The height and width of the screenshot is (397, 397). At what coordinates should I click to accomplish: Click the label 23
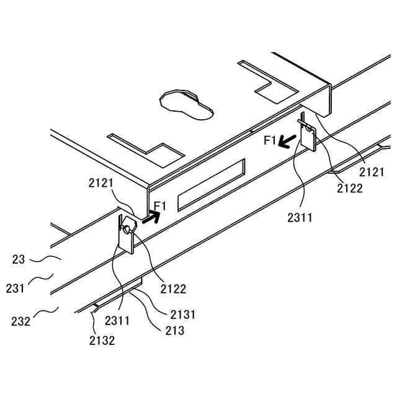[18, 260]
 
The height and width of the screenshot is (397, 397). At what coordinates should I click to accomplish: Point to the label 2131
[182, 314]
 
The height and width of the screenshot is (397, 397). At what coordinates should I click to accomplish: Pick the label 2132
[102, 340]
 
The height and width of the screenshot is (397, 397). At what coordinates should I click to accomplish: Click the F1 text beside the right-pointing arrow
[159, 205]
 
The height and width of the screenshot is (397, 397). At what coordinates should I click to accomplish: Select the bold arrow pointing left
[286, 142]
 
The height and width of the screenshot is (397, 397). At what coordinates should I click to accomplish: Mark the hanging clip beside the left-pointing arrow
[308, 136]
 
